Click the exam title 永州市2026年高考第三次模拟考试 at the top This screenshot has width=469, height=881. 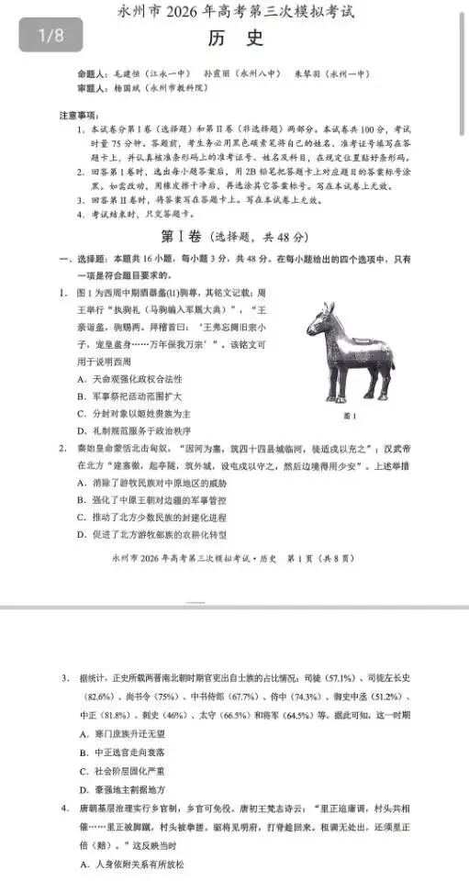pos(234,13)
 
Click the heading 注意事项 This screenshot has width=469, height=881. pos(79,114)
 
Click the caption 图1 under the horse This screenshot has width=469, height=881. pos(347,415)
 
